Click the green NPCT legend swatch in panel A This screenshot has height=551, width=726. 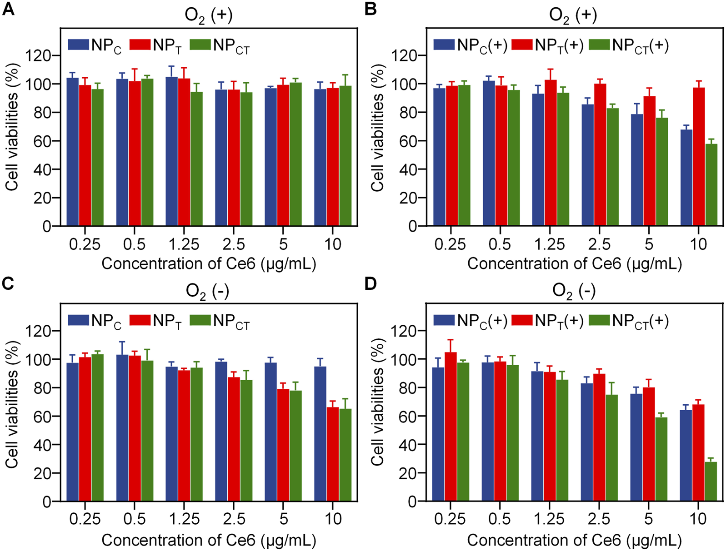[200, 45]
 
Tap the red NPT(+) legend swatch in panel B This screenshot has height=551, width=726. [522, 45]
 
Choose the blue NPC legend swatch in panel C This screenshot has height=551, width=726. [78, 320]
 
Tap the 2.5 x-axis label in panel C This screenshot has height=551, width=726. [234, 519]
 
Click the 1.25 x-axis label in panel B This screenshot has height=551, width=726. [549, 244]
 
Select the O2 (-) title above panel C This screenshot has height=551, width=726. [207, 291]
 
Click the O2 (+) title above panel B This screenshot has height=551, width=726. [573, 15]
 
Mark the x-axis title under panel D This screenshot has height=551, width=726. [574, 540]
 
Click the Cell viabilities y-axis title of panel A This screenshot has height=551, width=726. [13, 127]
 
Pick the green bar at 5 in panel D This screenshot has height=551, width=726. [661, 459]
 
